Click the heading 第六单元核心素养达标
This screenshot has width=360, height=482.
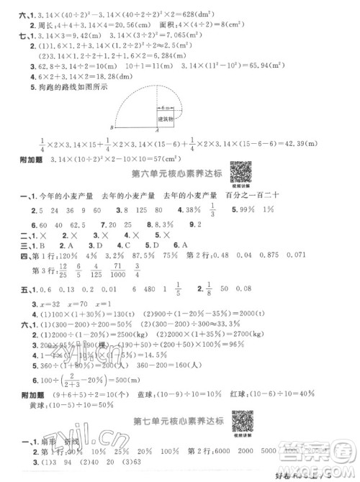point(168,175)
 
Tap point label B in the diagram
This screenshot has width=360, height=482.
point(109,129)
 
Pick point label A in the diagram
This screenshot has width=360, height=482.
point(157,131)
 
